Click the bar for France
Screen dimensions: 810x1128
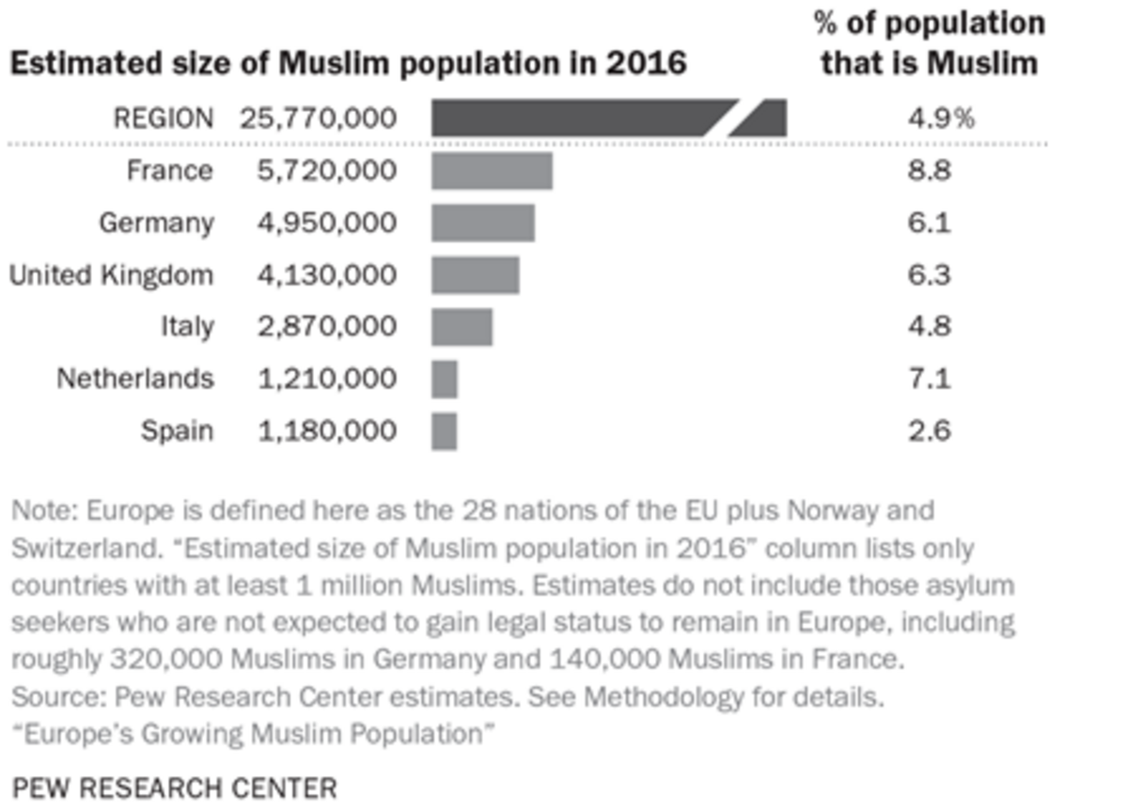492,172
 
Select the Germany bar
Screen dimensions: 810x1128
483,224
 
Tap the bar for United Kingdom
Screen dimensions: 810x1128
476,275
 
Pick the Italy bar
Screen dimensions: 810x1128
462,327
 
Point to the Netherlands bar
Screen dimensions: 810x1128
445,379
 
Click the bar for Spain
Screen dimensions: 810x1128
445,431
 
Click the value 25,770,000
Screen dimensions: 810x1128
318,118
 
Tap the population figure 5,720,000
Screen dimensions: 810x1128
326,172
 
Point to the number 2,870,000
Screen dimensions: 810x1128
326,327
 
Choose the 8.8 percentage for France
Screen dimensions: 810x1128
929,172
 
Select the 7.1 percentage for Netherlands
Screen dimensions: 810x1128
929,379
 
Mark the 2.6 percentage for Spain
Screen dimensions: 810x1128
929,431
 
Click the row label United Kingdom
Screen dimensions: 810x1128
111,275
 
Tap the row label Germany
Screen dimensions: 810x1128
156,224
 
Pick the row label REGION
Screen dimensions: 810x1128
163,118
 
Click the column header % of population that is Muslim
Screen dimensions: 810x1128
929,43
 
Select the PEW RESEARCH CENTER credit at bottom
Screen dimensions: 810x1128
174,787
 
